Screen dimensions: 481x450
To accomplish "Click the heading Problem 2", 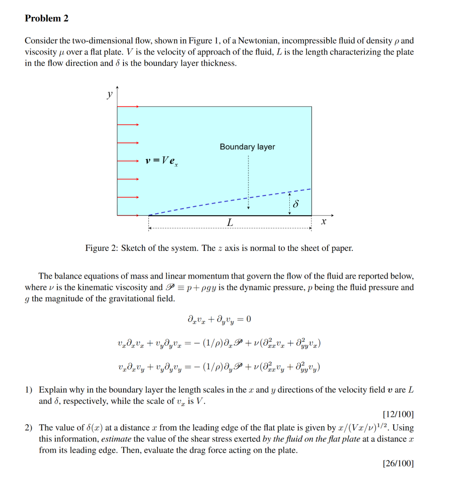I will [47, 18].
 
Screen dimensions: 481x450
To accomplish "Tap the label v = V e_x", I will [162, 161].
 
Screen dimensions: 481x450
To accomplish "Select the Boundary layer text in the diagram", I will [247, 147].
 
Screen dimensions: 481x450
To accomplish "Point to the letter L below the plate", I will [229, 222].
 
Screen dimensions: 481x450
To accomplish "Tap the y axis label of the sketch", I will [109, 94].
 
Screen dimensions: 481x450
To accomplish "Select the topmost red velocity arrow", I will [128, 107].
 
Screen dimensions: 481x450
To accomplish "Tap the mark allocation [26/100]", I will [398, 463].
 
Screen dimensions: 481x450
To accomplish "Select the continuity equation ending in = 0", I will [219, 319].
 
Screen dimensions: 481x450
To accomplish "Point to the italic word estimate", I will [116, 439].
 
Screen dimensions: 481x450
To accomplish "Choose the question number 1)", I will [29, 390].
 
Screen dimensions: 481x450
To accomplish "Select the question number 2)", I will [29, 427].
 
